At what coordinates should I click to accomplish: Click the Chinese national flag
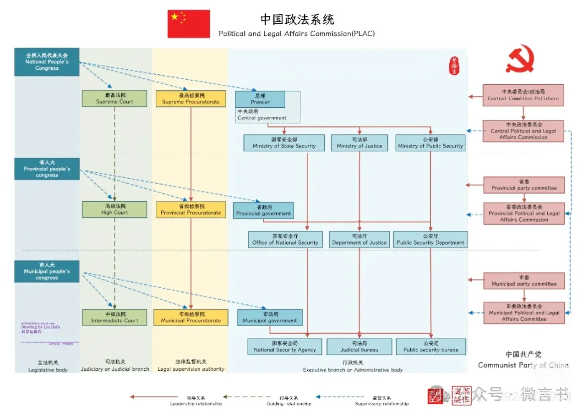[188, 24]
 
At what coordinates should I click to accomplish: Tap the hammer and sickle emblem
[520, 61]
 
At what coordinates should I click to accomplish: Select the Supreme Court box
[114, 99]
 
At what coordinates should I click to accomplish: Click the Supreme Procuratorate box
[191, 99]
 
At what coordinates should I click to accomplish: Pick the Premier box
[260, 99]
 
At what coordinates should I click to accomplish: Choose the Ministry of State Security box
[284, 143]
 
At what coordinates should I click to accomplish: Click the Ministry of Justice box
[359, 143]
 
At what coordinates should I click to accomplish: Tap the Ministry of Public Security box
[430, 143]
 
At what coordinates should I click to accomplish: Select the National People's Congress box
[47, 62]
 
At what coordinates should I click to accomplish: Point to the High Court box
[114, 209]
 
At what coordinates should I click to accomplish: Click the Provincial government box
[263, 210]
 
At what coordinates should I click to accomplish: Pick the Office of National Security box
[285, 240]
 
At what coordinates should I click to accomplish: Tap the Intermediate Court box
[114, 318]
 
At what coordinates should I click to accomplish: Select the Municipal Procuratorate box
[191, 318]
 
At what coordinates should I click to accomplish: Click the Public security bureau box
[431, 346]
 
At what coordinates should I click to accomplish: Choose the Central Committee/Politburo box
[523, 95]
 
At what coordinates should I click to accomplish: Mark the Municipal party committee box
[524, 281]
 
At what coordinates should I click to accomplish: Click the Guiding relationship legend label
[289, 401]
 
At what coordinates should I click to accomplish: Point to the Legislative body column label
[48, 366]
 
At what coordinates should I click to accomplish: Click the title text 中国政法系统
[297, 20]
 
